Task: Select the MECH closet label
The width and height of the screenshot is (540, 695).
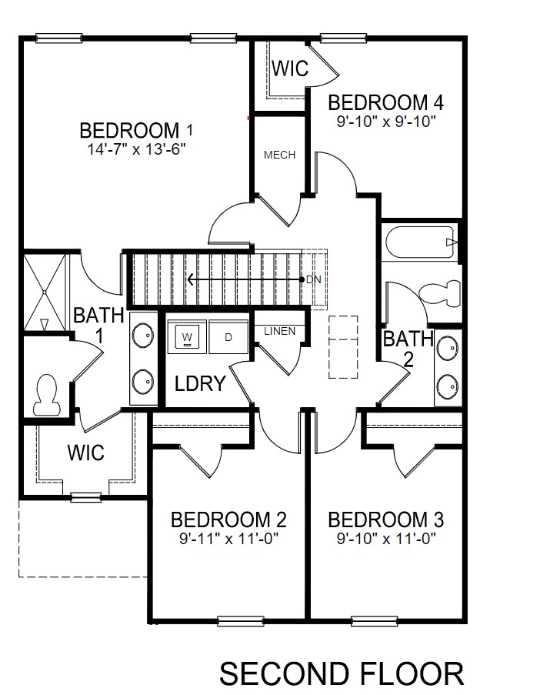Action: (279, 155)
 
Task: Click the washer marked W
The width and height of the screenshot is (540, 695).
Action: (187, 336)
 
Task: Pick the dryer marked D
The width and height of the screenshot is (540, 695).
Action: (228, 336)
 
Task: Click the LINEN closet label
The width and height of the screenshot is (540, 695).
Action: (278, 331)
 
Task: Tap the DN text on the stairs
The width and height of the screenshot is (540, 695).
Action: (313, 279)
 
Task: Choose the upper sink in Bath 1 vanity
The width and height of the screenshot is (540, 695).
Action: (142, 336)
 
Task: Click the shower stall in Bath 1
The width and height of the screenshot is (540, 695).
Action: (45, 291)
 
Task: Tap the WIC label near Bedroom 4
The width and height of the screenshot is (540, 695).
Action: (289, 68)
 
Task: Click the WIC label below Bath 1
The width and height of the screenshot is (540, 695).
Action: (85, 452)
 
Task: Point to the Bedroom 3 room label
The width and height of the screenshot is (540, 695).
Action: (391, 520)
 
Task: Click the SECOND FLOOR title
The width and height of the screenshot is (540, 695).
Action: (342, 673)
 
